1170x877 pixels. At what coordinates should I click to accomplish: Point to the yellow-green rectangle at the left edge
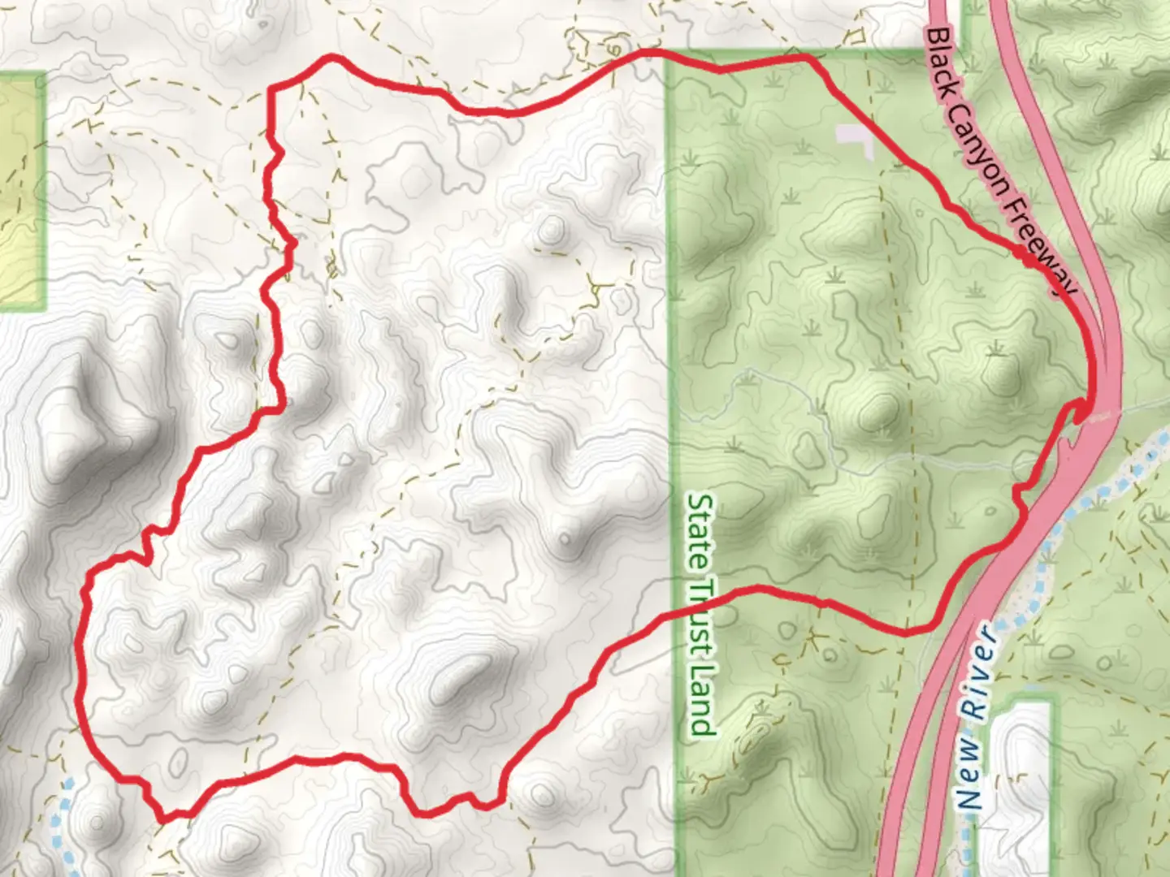coord(20,191)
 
